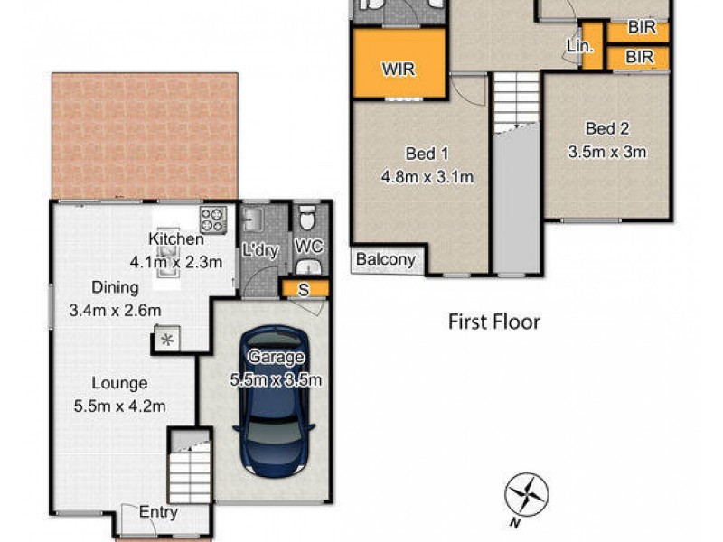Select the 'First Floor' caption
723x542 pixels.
(494, 322)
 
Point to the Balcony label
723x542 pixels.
(386, 260)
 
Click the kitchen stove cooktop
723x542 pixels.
(213, 218)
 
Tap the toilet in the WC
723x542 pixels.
(307, 218)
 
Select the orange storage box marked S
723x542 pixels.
(305, 288)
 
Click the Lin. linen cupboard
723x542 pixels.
(580, 44)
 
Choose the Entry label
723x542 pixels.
(158, 512)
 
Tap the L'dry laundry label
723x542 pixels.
(260, 252)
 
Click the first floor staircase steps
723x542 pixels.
(514, 99)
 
